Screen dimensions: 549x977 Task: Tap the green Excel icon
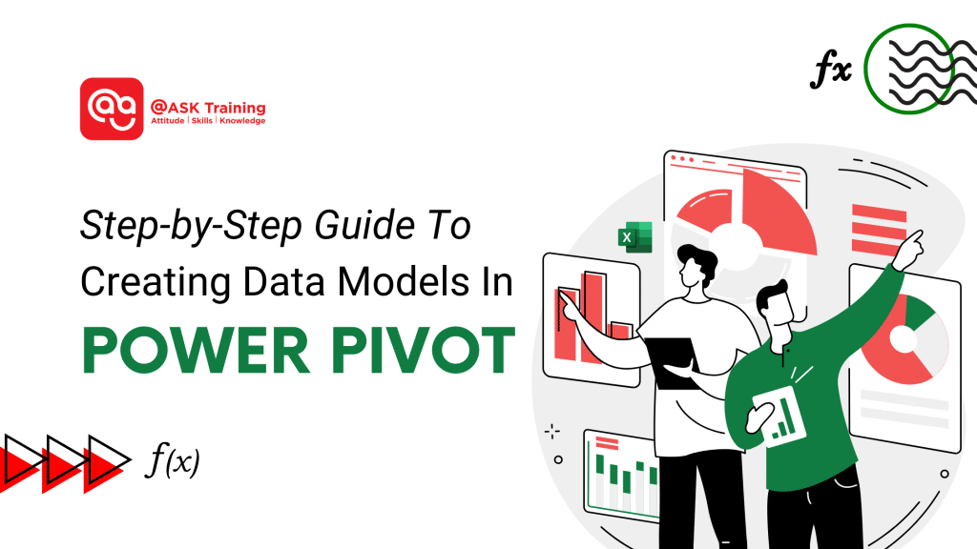coord(634,235)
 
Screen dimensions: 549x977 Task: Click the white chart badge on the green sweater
coord(780,416)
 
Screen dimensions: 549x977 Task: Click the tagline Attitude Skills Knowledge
coord(207,121)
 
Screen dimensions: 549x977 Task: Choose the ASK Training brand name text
coord(207,107)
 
